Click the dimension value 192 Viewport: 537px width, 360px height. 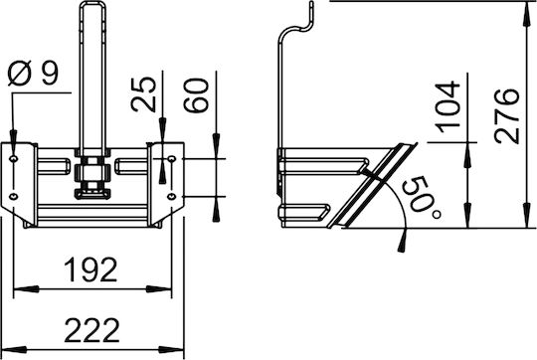[90, 270]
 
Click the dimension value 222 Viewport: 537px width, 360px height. [91, 330]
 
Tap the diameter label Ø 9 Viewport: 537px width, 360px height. [33, 73]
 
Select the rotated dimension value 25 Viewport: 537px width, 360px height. [143, 94]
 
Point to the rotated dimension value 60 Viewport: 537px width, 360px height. [196, 95]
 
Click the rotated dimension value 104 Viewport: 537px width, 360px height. [447, 106]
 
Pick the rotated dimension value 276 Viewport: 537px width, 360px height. [507, 115]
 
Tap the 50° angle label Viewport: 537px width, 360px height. [421, 198]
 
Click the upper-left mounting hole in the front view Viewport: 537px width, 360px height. [14, 158]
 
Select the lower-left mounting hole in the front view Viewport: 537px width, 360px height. [14, 196]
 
